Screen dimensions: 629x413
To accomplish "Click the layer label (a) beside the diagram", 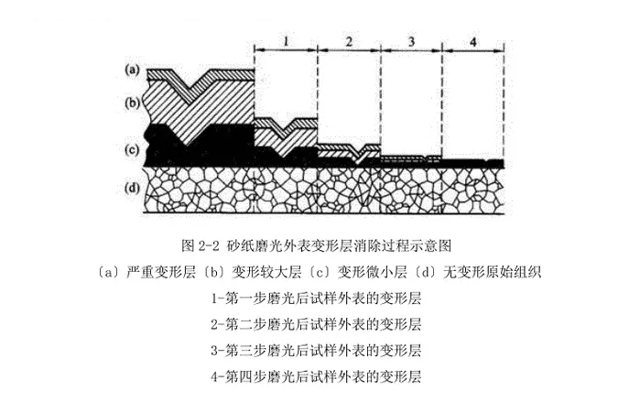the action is (132, 70).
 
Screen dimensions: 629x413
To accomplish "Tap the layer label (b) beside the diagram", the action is (132, 103).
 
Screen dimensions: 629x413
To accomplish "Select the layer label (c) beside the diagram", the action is (132, 149).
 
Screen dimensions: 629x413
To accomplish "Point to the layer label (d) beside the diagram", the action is (132, 188).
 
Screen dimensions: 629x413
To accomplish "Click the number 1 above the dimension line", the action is (286, 41).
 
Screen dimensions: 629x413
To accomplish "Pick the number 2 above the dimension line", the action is (349, 41).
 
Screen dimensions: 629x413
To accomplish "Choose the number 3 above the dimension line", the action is (411, 41).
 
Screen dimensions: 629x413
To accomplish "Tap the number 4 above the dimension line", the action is (473, 41).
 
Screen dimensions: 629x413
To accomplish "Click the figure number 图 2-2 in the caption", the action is (201, 245).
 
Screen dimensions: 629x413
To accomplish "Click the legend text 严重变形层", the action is (160, 272).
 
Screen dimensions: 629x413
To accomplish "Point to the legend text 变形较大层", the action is (266, 272).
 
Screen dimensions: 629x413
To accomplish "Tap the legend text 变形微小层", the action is (373, 272).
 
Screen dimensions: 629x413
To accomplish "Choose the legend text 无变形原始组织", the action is (493, 272).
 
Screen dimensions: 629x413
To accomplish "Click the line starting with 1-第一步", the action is (316, 299).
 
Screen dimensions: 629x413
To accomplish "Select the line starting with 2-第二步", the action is (316, 324).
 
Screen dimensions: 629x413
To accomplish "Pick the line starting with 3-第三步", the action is (316, 351).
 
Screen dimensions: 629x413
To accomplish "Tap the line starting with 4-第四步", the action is (316, 377).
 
